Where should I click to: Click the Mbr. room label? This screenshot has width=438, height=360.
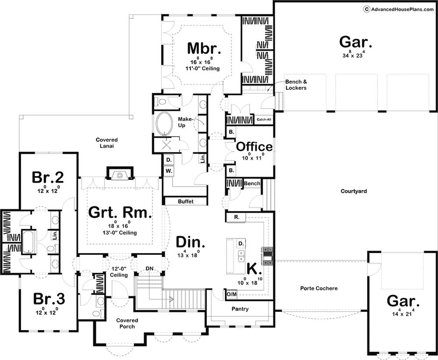204,48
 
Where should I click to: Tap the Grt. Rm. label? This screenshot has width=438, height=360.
120,212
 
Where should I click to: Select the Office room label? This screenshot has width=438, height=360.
254,147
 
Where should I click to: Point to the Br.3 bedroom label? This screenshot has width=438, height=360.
49,299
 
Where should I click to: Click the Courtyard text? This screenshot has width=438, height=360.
353,191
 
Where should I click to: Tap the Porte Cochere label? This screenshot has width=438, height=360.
319,288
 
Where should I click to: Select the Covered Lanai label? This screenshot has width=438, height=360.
107,143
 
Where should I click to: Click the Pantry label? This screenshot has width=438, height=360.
240,309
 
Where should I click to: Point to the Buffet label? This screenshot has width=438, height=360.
185,201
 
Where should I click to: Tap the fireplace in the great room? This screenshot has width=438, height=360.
120,174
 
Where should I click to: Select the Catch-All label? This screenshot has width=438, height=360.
264,120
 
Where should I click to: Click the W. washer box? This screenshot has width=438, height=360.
169,171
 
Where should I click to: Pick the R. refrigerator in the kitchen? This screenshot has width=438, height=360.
236,217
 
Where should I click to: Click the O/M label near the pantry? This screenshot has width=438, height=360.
231,294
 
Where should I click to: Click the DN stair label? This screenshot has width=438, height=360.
149,268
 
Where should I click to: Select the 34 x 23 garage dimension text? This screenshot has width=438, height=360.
353,55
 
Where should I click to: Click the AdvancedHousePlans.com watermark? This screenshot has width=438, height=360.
399,9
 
